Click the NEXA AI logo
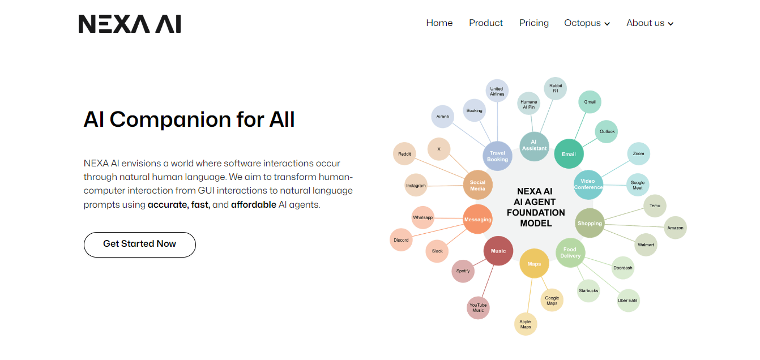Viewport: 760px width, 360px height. [x=130, y=24]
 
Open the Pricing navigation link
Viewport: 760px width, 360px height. [x=533, y=23]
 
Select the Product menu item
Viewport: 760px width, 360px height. [x=485, y=23]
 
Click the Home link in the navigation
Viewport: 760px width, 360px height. [x=439, y=23]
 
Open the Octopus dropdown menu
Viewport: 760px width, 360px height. [x=587, y=23]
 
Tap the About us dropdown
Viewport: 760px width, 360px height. [x=650, y=23]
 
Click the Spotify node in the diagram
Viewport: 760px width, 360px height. [x=463, y=271]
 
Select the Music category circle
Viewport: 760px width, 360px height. [x=498, y=251]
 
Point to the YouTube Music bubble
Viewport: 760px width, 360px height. [x=478, y=308]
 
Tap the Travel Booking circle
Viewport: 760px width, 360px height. [x=497, y=156]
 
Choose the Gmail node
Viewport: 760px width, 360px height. [x=590, y=102]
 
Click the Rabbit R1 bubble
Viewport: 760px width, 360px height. [x=555, y=88]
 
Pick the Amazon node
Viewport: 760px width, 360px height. [x=675, y=228]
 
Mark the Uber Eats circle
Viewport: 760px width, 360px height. [x=627, y=301]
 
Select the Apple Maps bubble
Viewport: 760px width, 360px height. [x=525, y=324]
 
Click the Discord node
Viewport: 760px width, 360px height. [x=401, y=240]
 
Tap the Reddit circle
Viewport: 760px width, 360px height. [x=404, y=154]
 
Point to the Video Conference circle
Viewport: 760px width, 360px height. [x=588, y=185]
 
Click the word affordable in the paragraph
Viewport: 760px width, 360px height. [x=253, y=205]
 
